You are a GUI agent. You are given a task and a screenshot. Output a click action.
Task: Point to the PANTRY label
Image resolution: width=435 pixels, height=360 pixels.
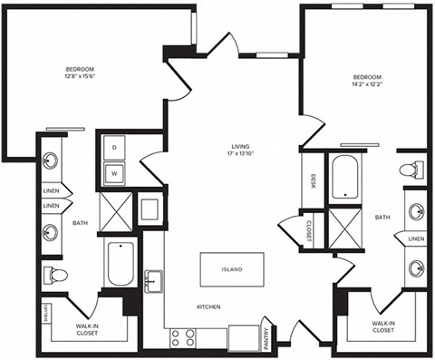pos(266,339)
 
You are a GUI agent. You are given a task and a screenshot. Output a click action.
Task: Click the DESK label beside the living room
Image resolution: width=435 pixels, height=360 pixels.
pos(313,181)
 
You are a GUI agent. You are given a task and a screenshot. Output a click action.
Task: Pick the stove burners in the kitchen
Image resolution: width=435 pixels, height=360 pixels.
pos(184,338)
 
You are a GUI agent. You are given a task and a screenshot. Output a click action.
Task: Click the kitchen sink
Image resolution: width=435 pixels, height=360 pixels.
pos(155,281)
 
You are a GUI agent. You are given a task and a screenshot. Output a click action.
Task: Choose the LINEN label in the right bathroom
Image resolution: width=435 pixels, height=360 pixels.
pos(416,238)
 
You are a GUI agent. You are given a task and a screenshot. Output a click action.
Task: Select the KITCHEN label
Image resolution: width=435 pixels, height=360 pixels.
pos(208,308)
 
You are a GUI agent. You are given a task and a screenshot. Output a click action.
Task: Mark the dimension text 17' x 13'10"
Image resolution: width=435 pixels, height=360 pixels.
pos(239,155)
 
